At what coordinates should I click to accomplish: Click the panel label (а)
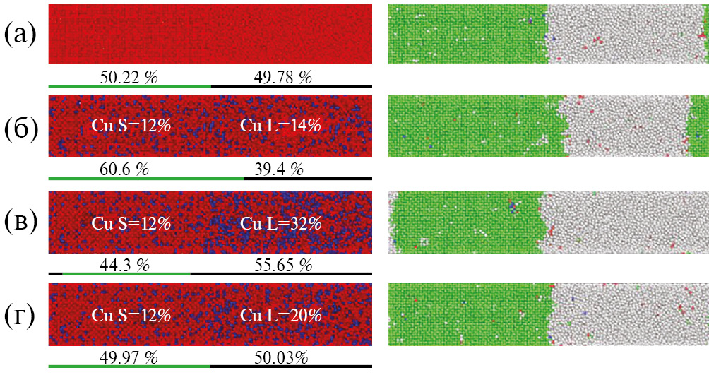click(x=22, y=35)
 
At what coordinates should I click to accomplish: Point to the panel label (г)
click(x=22, y=315)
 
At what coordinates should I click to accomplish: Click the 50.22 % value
click(x=129, y=77)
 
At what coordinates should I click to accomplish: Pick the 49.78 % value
click(x=282, y=77)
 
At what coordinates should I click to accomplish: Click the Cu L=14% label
click(x=280, y=126)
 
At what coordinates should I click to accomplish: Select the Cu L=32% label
click(x=280, y=223)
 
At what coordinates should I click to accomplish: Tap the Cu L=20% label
click(x=280, y=315)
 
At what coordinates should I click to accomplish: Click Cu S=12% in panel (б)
click(x=131, y=126)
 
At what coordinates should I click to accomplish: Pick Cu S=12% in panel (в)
click(x=131, y=223)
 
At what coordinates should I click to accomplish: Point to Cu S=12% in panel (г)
click(x=131, y=315)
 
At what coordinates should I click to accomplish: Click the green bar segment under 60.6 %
click(x=146, y=179)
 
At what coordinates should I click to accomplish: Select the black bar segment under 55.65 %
click(x=281, y=273)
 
